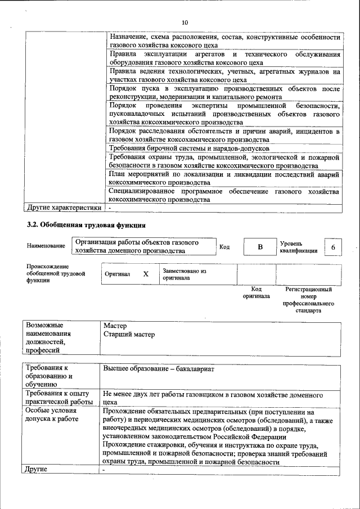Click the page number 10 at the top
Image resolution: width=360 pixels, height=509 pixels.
pyautogui.click(x=186, y=22)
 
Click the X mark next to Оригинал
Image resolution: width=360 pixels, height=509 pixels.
pyautogui.click(x=146, y=274)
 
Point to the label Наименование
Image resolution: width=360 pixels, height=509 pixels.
pyautogui.click(x=46, y=246)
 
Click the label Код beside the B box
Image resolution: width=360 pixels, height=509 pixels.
pyautogui.click(x=224, y=247)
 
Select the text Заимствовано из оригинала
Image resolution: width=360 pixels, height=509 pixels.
pyautogui.click(x=184, y=274)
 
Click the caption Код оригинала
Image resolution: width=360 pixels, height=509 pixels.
pyautogui.click(x=256, y=292)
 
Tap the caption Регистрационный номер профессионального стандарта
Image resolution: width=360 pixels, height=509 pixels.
pyautogui.click(x=308, y=299)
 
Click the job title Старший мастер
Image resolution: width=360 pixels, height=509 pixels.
pyautogui.click(x=129, y=335)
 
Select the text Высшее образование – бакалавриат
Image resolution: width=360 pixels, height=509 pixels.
pyautogui.click(x=159, y=370)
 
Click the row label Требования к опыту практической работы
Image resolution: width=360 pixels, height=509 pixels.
pyautogui.click(x=58, y=398)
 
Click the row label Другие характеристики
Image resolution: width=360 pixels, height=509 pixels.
pyautogui.click(x=64, y=208)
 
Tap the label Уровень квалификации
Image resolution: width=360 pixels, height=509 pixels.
pyautogui.click(x=299, y=247)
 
